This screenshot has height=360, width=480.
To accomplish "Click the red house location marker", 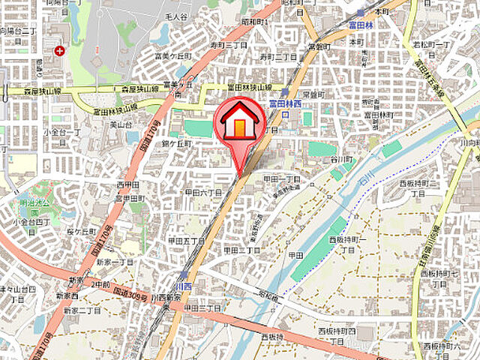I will pos(239,124).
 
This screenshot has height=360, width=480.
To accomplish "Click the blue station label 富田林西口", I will pos(286,108).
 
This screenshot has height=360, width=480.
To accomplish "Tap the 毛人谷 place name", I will pos(175,16).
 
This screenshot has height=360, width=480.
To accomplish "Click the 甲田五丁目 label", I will pos(187,241).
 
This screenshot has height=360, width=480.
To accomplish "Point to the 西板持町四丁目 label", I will pos(334,334).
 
